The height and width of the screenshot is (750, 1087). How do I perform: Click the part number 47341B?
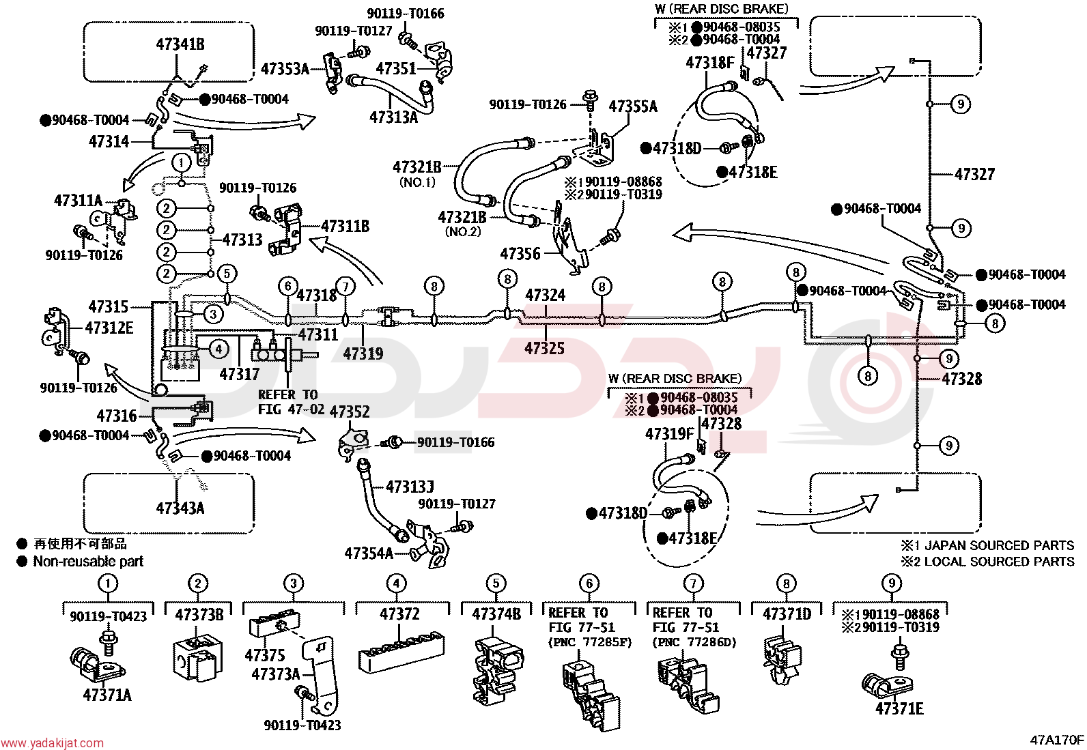(x=180, y=44)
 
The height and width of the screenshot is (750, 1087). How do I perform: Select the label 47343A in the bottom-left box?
(x=180, y=508)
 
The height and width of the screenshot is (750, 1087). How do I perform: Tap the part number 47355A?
(x=633, y=106)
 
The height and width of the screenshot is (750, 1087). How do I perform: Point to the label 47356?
(x=520, y=253)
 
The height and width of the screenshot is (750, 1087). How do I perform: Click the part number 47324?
(x=546, y=295)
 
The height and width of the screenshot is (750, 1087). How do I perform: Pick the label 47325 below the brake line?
(x=544, y=348)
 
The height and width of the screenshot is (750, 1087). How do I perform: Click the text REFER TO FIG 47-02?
(x=291, y=402)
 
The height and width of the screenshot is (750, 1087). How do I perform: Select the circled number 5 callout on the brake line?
(x=227, y=274)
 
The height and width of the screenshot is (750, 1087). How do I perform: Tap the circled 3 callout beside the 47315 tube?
(x=213, y=314)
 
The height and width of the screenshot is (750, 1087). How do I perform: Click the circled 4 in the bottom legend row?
(x=397, y=583)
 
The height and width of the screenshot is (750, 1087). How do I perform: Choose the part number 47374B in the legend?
(x=496, y=615)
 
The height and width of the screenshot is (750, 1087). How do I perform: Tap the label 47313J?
(x=410, y=487)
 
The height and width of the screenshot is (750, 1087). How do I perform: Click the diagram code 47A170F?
(x=1057, y=740)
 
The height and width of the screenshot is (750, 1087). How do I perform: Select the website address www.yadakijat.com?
(x=52, y=742)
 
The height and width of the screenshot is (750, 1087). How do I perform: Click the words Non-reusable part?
(x=88, y=561)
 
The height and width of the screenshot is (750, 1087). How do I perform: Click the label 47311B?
(x=345, y=227)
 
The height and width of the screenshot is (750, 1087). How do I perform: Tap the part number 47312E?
(x=109, y=328)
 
